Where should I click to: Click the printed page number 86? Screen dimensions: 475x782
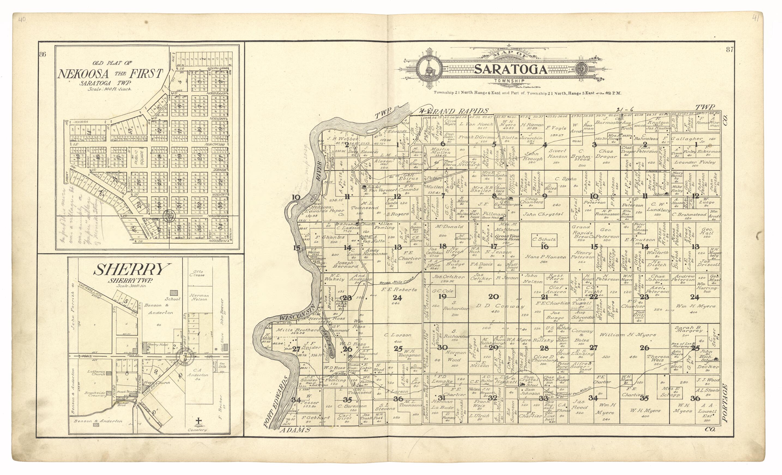(43, 54)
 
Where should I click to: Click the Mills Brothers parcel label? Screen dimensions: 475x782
(297, 330)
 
